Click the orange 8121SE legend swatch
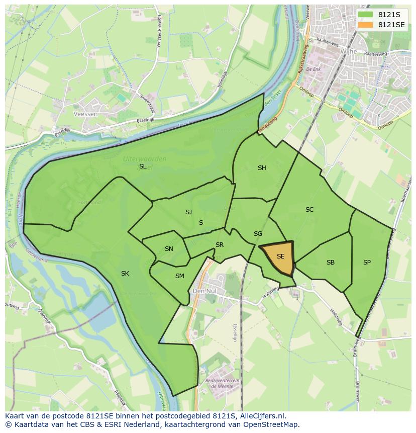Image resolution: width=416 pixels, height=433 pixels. point(365,25)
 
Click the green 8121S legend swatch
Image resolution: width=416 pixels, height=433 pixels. point(365,15)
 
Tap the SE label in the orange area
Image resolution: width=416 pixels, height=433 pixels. point(280,256)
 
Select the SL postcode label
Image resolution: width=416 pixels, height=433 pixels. point(143,166)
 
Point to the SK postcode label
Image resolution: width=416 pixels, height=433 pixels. point(125,274)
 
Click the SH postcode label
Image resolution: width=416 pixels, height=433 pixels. point(262,168)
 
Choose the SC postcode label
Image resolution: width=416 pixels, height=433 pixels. point(309,210)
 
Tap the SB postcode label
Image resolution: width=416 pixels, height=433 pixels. point(331,263)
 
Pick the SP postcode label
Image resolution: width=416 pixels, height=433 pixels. point(367,263)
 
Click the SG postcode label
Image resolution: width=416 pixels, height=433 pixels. point(258,234)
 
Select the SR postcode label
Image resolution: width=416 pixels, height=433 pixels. point(220,245)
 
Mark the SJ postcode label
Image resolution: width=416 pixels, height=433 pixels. point(188,212)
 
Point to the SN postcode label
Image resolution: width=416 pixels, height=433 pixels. point(169,249)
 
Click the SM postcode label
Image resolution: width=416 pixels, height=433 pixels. point(180,276)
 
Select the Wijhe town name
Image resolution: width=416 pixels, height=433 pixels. point(348,52)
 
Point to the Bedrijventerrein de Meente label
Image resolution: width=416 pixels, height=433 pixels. point(217,384)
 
